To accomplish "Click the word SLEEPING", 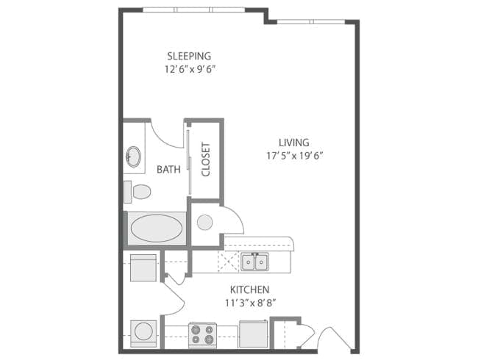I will coord(189,56).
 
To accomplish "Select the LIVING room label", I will coord(293,143).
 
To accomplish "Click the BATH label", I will coord(168,169).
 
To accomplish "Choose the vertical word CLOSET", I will coord(206,159).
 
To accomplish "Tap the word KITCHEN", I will coord(249,289).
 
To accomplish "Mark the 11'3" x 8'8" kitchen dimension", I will coord(249,302).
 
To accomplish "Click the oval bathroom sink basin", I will coord(134,156).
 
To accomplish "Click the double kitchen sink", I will coord(254,262).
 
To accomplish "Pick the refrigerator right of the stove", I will coord(252,334).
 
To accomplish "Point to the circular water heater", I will coord(205,221).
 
